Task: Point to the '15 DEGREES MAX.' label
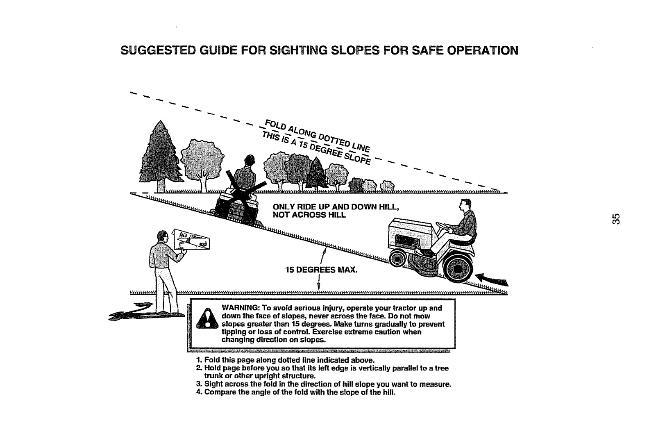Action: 321,270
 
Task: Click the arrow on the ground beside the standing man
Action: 130,311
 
